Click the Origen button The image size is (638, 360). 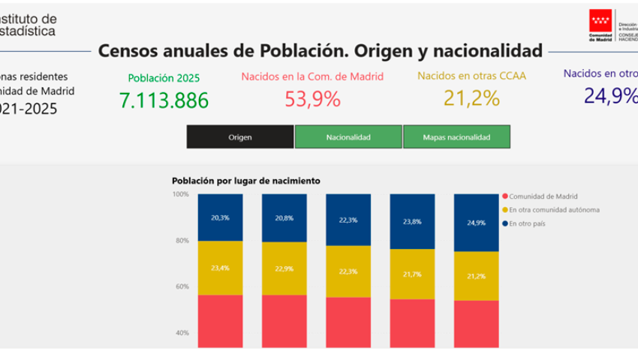pyautogui.click(x=240, y=137)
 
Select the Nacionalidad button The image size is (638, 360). pyautogui.click(x=348, y=137)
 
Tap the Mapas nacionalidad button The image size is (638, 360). pyautogui.click(x=456, y=137)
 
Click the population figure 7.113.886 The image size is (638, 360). pyautogui.click(x=164, y=100)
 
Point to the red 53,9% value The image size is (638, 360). pyautogui.click(x=312, y=99)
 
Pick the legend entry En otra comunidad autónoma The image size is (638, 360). pyautogui.click(x=554, y=210)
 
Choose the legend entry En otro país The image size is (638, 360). pyautogui.click(x=528, y=223)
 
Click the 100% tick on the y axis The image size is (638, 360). pyautogui.click(x=181, y=194)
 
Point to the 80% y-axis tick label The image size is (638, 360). pyautogui.click(x=182, y=241)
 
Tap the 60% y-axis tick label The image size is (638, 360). pyautogui.click(x=182, y=286)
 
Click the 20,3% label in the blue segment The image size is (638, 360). pyautogui.click(x=220, y=218)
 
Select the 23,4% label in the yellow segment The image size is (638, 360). pyautogui.click(x=220, y=268)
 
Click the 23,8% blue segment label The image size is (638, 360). pyautogui.click(x=412, y=222)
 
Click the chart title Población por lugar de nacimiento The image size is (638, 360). pyautogui.click(x=245, y=181)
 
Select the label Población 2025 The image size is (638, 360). pyautogui.click(x=164, y=77)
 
